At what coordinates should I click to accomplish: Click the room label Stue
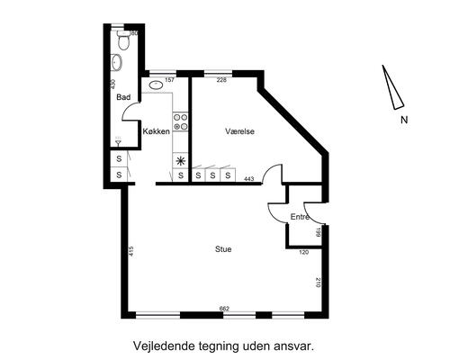[222, 248]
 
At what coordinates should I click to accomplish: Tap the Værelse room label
[240, 131]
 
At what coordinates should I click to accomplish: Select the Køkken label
[157, 132]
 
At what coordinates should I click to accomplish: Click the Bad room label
[124, 98]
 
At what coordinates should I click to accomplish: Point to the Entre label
[300, 218]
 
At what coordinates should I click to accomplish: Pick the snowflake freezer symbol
[180, 161]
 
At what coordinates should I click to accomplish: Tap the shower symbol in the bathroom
[117, 141]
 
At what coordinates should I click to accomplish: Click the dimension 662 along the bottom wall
[224, 309]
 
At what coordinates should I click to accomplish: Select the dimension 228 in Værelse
[210, 80]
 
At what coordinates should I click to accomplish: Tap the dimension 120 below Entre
[303, 253]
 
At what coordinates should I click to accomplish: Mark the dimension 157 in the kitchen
[169, 80]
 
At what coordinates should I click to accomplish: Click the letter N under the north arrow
[404, 119]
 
